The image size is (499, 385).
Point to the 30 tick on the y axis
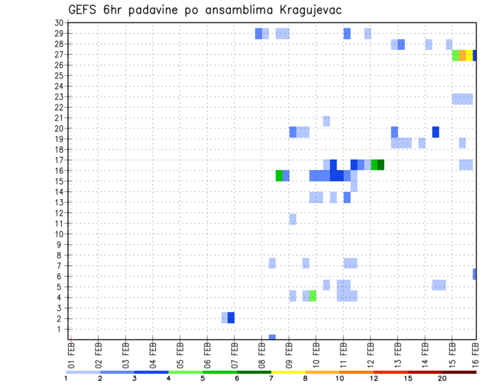[59, 23]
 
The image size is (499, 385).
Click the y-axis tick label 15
[59, 181]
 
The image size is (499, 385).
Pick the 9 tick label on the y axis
[60, 244]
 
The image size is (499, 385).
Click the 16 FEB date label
[476, 353]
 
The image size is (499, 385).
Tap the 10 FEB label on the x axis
[316, 353]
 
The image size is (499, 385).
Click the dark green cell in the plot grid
[381, 165]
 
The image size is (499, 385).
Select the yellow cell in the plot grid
[469, 56]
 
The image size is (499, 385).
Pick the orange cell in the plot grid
[463, 56]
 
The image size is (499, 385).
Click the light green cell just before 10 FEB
[313, 296]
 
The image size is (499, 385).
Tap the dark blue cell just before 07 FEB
[231, 318]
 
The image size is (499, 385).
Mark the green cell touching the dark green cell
[374, 165]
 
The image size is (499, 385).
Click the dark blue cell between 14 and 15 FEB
[436, 132]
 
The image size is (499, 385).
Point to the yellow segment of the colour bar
[288, 372]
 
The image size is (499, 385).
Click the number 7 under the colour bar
[271, 379]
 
